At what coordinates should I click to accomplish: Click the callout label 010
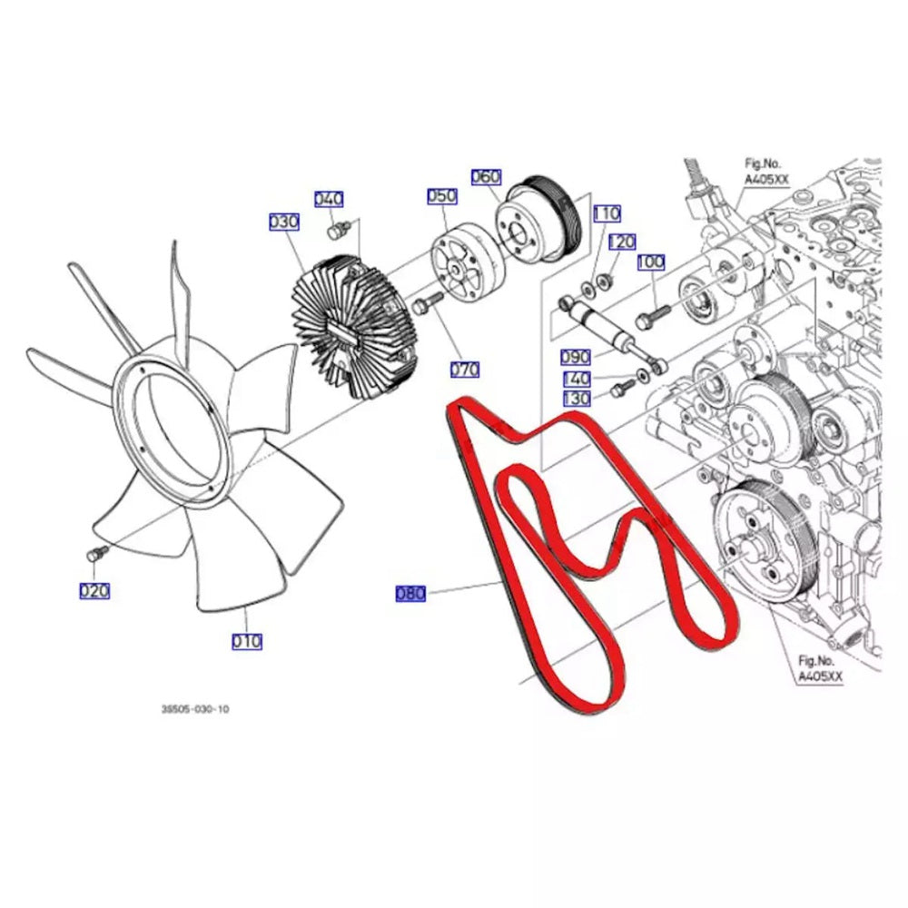pos(246,641)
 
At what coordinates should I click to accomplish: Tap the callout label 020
pos(94,591)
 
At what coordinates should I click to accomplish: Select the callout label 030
pos(284,222)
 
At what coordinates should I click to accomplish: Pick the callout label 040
pos(329,200)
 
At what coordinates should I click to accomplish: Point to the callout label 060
pos(486,176)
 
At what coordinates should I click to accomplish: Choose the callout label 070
pos(465,370)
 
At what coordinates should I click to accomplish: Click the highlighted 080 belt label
pos(410,594)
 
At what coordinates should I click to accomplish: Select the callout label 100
pos(650,262)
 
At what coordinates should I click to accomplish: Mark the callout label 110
pos(607,213)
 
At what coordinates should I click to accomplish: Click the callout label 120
pos(622,242)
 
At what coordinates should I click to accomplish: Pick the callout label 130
pos(576,399)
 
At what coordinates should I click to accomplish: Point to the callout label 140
pos(576,379)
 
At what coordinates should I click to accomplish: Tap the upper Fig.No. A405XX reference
pos(765,172)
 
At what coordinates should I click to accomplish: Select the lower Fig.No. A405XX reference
pos(821,668)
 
